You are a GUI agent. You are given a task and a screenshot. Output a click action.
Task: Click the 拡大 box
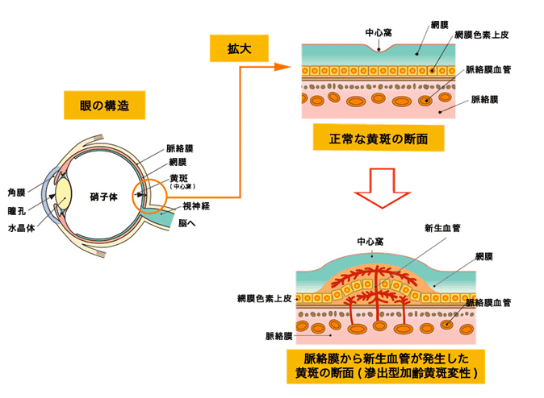239,48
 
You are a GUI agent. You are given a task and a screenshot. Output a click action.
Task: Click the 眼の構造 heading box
104,106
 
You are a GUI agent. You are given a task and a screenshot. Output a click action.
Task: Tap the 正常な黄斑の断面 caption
379,139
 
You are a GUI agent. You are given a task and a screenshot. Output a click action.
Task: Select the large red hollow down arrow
382,189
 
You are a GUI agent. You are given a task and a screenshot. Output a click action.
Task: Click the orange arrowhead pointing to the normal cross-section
282,67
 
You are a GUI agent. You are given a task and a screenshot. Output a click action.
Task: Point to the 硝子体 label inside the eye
103,197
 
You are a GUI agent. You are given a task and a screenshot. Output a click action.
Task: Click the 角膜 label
16,193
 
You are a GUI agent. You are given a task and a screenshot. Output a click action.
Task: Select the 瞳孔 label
16,210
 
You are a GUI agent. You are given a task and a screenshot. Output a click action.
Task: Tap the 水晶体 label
21,228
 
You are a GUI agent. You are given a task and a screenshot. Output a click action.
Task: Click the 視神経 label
196,206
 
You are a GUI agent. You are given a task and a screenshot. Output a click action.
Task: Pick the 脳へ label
186,223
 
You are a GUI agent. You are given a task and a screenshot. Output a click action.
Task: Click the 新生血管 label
442,228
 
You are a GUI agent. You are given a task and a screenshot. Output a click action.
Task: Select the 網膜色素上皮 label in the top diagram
482,35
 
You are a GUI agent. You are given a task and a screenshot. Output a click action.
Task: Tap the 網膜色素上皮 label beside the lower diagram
265,298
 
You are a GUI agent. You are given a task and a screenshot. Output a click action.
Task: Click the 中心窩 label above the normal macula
379,32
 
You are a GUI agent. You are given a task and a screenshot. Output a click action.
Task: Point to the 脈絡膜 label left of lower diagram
279,336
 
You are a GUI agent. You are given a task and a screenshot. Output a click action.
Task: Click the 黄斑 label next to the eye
178,178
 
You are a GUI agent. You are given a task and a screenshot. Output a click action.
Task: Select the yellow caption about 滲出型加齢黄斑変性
386,366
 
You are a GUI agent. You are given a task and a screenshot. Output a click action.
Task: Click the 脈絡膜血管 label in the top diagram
488,69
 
